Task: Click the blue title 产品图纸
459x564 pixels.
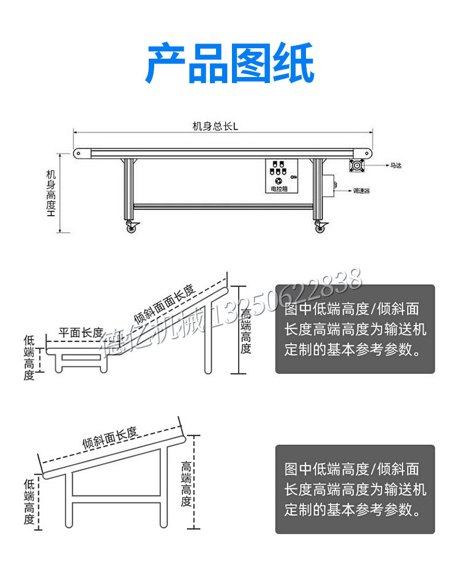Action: (x=229, y=64)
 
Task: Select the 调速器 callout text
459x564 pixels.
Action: (x=361, y=191)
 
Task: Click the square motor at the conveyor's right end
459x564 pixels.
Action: (x=357, y=165)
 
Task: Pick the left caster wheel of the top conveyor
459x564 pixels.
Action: (x=132, y=227)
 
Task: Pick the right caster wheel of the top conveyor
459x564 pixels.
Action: (x=320, y=227)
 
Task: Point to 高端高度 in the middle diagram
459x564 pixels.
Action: (x=245, y=331)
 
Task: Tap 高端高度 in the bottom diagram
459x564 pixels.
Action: (x=187, y=484)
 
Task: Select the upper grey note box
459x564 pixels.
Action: (x=355, y=329)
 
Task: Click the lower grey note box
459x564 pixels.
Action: (x=355, y=489)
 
